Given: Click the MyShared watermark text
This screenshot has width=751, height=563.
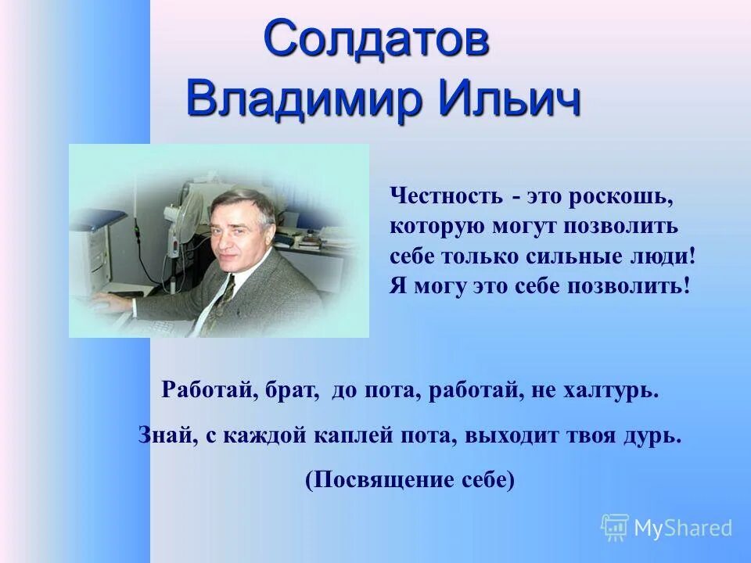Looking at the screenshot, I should pyautogui.click(x=683, y=528).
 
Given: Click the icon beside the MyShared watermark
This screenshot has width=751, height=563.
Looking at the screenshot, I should pyautogui.click(x=615, y=527).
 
